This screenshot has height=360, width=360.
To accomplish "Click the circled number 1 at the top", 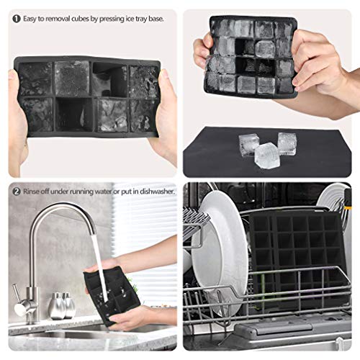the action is point(17,19).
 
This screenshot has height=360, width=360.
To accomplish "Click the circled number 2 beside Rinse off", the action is point(17,192).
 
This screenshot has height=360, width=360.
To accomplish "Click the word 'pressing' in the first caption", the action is point(112,19).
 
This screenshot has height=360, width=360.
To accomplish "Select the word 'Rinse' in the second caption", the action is point(31,192).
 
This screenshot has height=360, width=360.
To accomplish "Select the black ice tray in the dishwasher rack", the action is point(298,259).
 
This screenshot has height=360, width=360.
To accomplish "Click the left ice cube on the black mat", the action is point(248,145).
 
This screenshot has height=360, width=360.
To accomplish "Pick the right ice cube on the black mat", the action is point(287,143).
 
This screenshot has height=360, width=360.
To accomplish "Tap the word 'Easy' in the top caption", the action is point(30,19).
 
